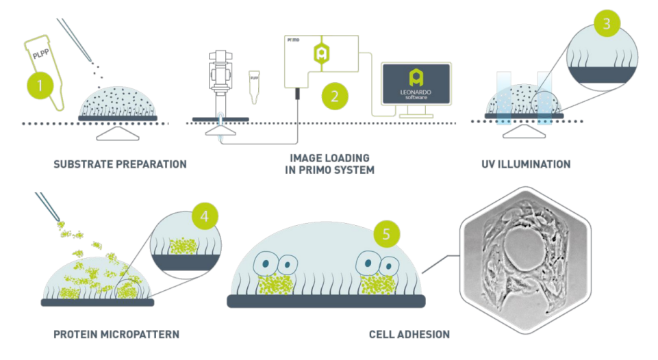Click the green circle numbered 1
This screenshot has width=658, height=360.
tap(40, 87)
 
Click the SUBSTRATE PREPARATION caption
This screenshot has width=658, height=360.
tap(120, 164)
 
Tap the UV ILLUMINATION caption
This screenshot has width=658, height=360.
tap(527, 164)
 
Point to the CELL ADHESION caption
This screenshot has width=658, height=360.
tap(409, 335)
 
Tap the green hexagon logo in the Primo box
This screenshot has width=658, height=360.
tap(319, 53)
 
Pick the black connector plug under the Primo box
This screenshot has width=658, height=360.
tap(298, 94)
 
